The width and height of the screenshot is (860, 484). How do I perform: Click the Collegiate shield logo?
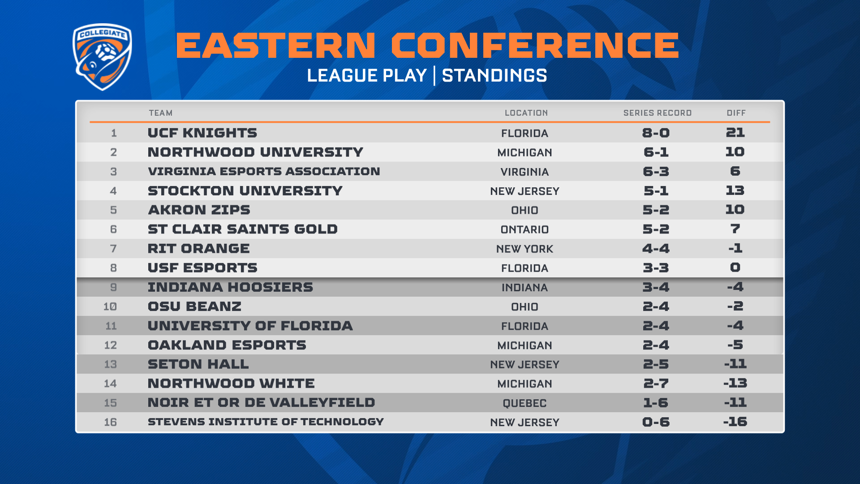tap(102, 57)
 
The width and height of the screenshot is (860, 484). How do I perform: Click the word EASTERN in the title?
tap(276, 45)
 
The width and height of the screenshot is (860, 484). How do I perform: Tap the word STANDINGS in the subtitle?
tap(494, 75)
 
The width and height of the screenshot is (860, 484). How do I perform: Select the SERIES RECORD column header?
tap(658, 113)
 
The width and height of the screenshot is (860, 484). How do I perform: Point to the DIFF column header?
tap(736, 113)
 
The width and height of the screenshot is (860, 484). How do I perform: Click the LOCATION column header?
tap(526, 113)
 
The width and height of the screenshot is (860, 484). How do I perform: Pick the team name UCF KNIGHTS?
tap(202, 133)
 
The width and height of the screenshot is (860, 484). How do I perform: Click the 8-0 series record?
tap(656, 133)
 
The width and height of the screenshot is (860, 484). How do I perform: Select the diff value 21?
tap(735, 133)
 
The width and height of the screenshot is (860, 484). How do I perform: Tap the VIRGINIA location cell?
tap(525, 172)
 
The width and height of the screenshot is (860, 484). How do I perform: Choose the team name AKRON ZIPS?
tap(199, 210)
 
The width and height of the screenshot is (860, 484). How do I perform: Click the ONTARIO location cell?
tap(525, 229)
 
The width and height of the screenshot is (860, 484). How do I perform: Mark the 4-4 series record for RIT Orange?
tap(656, 248)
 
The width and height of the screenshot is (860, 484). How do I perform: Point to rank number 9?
tap(113, 287)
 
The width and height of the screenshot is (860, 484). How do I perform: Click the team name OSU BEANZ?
tap(194, 307)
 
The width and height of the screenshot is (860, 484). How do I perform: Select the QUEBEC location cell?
tap(525, 403)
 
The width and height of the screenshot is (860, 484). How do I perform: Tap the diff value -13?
tap(735, 383)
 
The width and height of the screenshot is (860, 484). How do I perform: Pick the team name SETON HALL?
tap(198, 364)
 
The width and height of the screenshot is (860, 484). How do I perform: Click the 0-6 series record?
tap(656, 422)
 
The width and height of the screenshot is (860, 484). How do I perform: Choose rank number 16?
tap(110, 422)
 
